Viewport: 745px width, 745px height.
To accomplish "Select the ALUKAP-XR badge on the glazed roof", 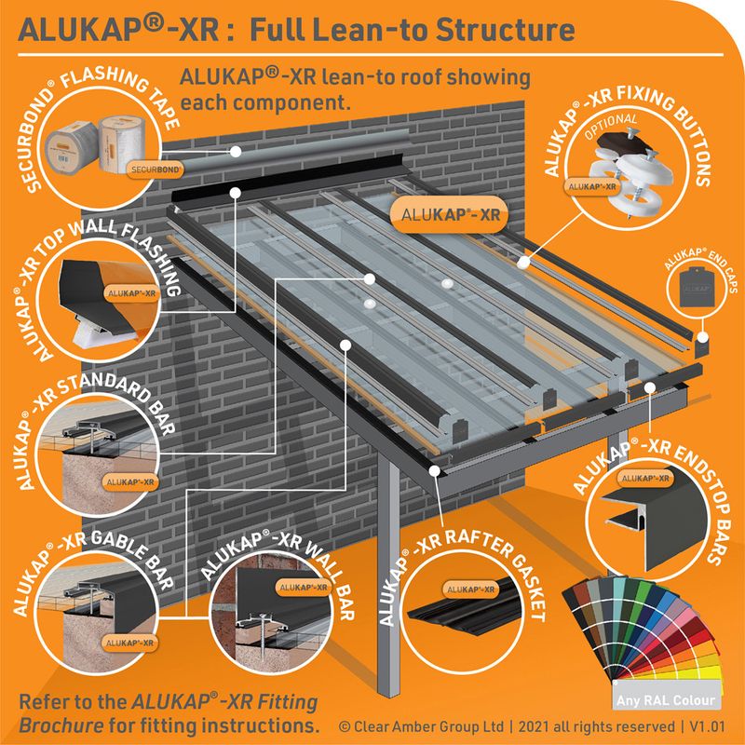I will (x=439, y=213).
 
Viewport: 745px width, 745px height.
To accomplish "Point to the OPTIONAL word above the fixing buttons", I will (x=610, y=121).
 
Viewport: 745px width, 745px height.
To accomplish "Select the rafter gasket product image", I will (x=466, y=615).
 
